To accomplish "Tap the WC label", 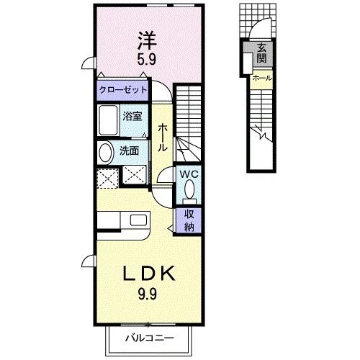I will [x=189, y=174].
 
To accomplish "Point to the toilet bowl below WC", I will [x=190, y=190].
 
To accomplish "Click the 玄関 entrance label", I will [x=258, y=53].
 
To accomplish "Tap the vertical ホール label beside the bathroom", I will [x=163, y=136].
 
